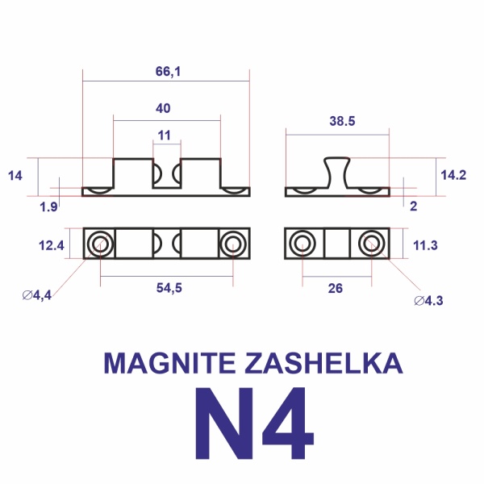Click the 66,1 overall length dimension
(167, 72)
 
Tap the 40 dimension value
(164, 109)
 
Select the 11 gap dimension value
(165, 135)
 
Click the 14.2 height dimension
(453, 174)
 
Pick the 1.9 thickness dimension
(48, 207)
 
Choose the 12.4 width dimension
(53, 244)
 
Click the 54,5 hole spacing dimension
(167, 289)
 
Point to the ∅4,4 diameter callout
(38, 296)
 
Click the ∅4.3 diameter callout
(428, 301)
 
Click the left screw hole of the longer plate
(101, 243)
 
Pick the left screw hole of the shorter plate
(302, 243)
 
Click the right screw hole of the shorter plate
(371, 243)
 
